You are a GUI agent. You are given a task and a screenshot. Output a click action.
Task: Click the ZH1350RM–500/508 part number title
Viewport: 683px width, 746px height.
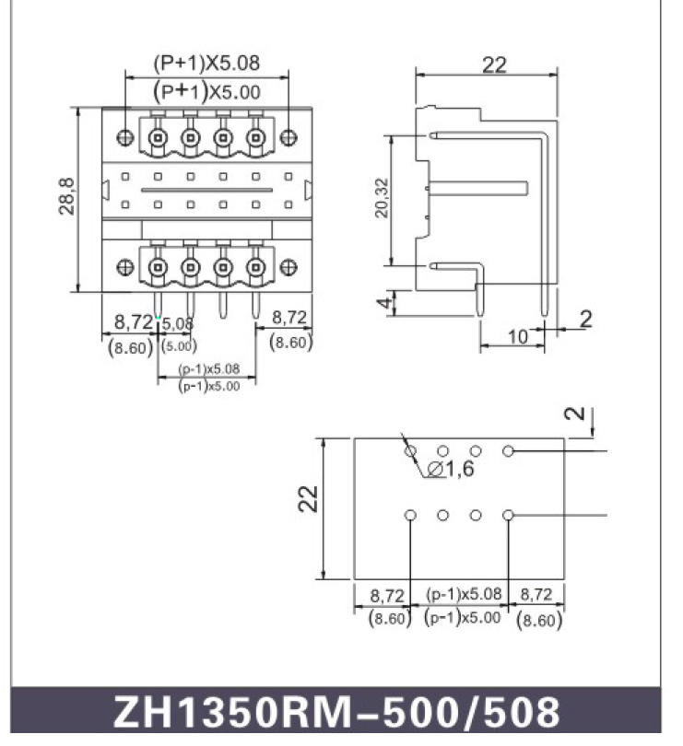(x=336, y=712)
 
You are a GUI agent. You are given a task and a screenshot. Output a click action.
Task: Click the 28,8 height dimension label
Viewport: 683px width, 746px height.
(x=66, y=196)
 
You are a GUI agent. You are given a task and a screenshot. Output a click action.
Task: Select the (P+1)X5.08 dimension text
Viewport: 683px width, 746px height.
(x=206, y=63)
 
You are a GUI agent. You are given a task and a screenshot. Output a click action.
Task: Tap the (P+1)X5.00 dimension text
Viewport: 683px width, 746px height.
(x=206, y=91)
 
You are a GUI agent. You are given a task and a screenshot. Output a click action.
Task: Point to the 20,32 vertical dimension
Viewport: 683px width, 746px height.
(x=382, y=198)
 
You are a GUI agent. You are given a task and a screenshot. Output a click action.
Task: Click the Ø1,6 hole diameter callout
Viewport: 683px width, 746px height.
(x=451, y=469)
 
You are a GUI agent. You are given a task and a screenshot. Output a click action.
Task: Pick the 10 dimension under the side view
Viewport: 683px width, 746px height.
(x=518, y=337)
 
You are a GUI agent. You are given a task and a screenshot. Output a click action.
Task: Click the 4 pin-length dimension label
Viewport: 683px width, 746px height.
(x=385, y=302)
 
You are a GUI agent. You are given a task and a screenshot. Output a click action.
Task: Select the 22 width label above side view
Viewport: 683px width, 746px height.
(x=494, y=65)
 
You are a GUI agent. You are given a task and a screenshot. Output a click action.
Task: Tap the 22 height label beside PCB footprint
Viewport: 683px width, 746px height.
(x=308, y=498)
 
